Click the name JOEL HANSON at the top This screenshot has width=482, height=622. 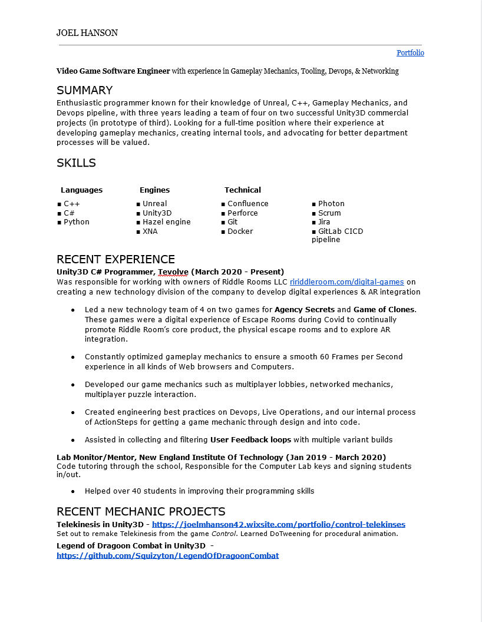coord(87,33)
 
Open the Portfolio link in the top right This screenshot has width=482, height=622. coord(410,53)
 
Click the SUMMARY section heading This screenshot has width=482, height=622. coord(84,90)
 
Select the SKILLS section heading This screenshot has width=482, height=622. coord(76,163)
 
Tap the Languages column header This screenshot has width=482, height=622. coord(81,190)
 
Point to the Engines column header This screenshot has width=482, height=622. coord(154,190)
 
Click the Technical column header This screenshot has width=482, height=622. coord(242,190)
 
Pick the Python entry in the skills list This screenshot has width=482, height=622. coord(77,222)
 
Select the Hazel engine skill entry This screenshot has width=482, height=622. coord(166,222)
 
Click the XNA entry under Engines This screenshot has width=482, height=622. coord(150,231)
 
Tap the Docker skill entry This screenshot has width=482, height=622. coord(240,231)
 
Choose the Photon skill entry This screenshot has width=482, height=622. coord(331,204)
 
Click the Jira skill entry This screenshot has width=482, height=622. coord(324,222)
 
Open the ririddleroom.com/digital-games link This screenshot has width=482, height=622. coord(346,282)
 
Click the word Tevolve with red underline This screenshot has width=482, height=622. coord(173,272)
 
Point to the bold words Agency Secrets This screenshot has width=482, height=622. coord(304,309)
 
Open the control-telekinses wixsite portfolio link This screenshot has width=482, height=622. coord(278,524)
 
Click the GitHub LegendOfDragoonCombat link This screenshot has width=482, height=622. coord(167,555)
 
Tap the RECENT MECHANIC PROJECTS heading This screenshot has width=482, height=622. coord(141,511)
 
